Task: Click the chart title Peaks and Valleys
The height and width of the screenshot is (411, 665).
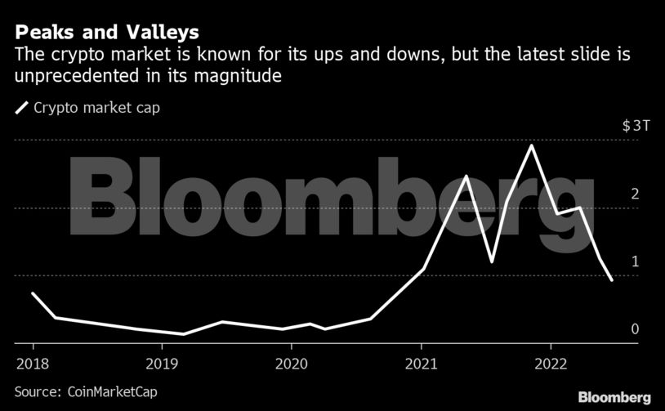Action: (x=107, y=34)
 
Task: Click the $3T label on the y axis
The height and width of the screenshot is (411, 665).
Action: (x=636, y=126)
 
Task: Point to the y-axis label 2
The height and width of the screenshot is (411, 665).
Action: (x=634, y=194)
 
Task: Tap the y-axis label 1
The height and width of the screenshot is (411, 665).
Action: (x=634, y=261)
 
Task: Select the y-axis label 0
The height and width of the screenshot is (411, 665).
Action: (x=634, y=329)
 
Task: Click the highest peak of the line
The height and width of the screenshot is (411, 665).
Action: (x=533, y=145)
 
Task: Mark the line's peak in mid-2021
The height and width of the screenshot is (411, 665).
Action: (x=466, y=176)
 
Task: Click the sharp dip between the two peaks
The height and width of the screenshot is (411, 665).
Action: (x=492, y=261)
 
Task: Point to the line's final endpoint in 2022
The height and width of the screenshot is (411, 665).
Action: (x=612, y=280)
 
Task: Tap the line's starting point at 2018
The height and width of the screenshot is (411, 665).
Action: (x=32, y=293)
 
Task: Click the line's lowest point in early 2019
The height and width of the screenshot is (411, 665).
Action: (x=183, y=333)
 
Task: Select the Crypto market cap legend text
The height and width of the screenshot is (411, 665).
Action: (x=96, y=107)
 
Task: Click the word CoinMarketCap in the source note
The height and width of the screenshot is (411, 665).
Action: (x=110, y=391)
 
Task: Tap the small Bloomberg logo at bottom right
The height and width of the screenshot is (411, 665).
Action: (x=614, y=397)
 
